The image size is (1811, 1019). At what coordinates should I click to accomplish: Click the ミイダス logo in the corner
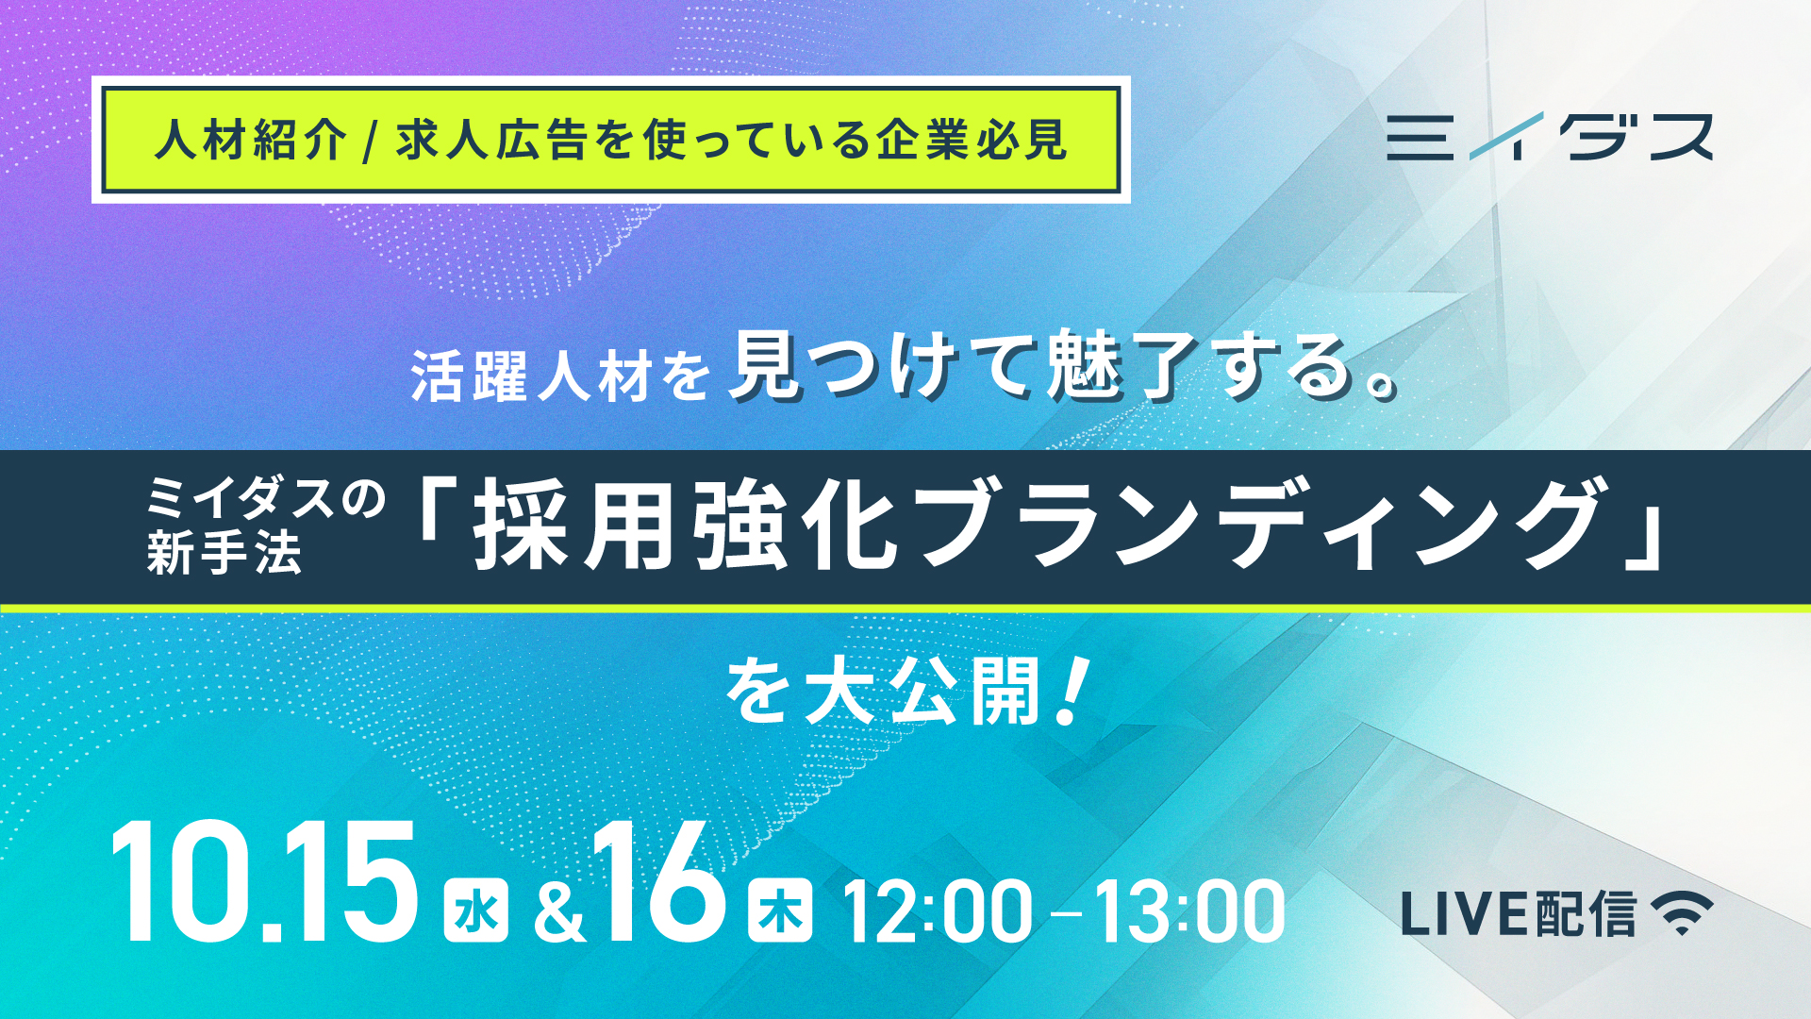click(x=1549, y=136)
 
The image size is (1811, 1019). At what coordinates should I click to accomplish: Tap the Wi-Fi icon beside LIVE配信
click(x=1682, y=912)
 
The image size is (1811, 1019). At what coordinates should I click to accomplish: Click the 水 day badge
click(x=476, y=910)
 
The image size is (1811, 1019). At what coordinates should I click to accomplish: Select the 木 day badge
click(x=780, y=910)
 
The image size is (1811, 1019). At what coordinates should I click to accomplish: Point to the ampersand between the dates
click(x=559, y=913)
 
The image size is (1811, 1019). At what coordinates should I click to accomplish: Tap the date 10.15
click(x=264, y=881)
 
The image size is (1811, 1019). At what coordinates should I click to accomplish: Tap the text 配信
click(x=1586, y=913)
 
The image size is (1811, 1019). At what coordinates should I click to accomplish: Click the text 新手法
click(x=224, y=553)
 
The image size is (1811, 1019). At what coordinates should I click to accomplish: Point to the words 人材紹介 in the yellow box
click(x=251, y=141)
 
